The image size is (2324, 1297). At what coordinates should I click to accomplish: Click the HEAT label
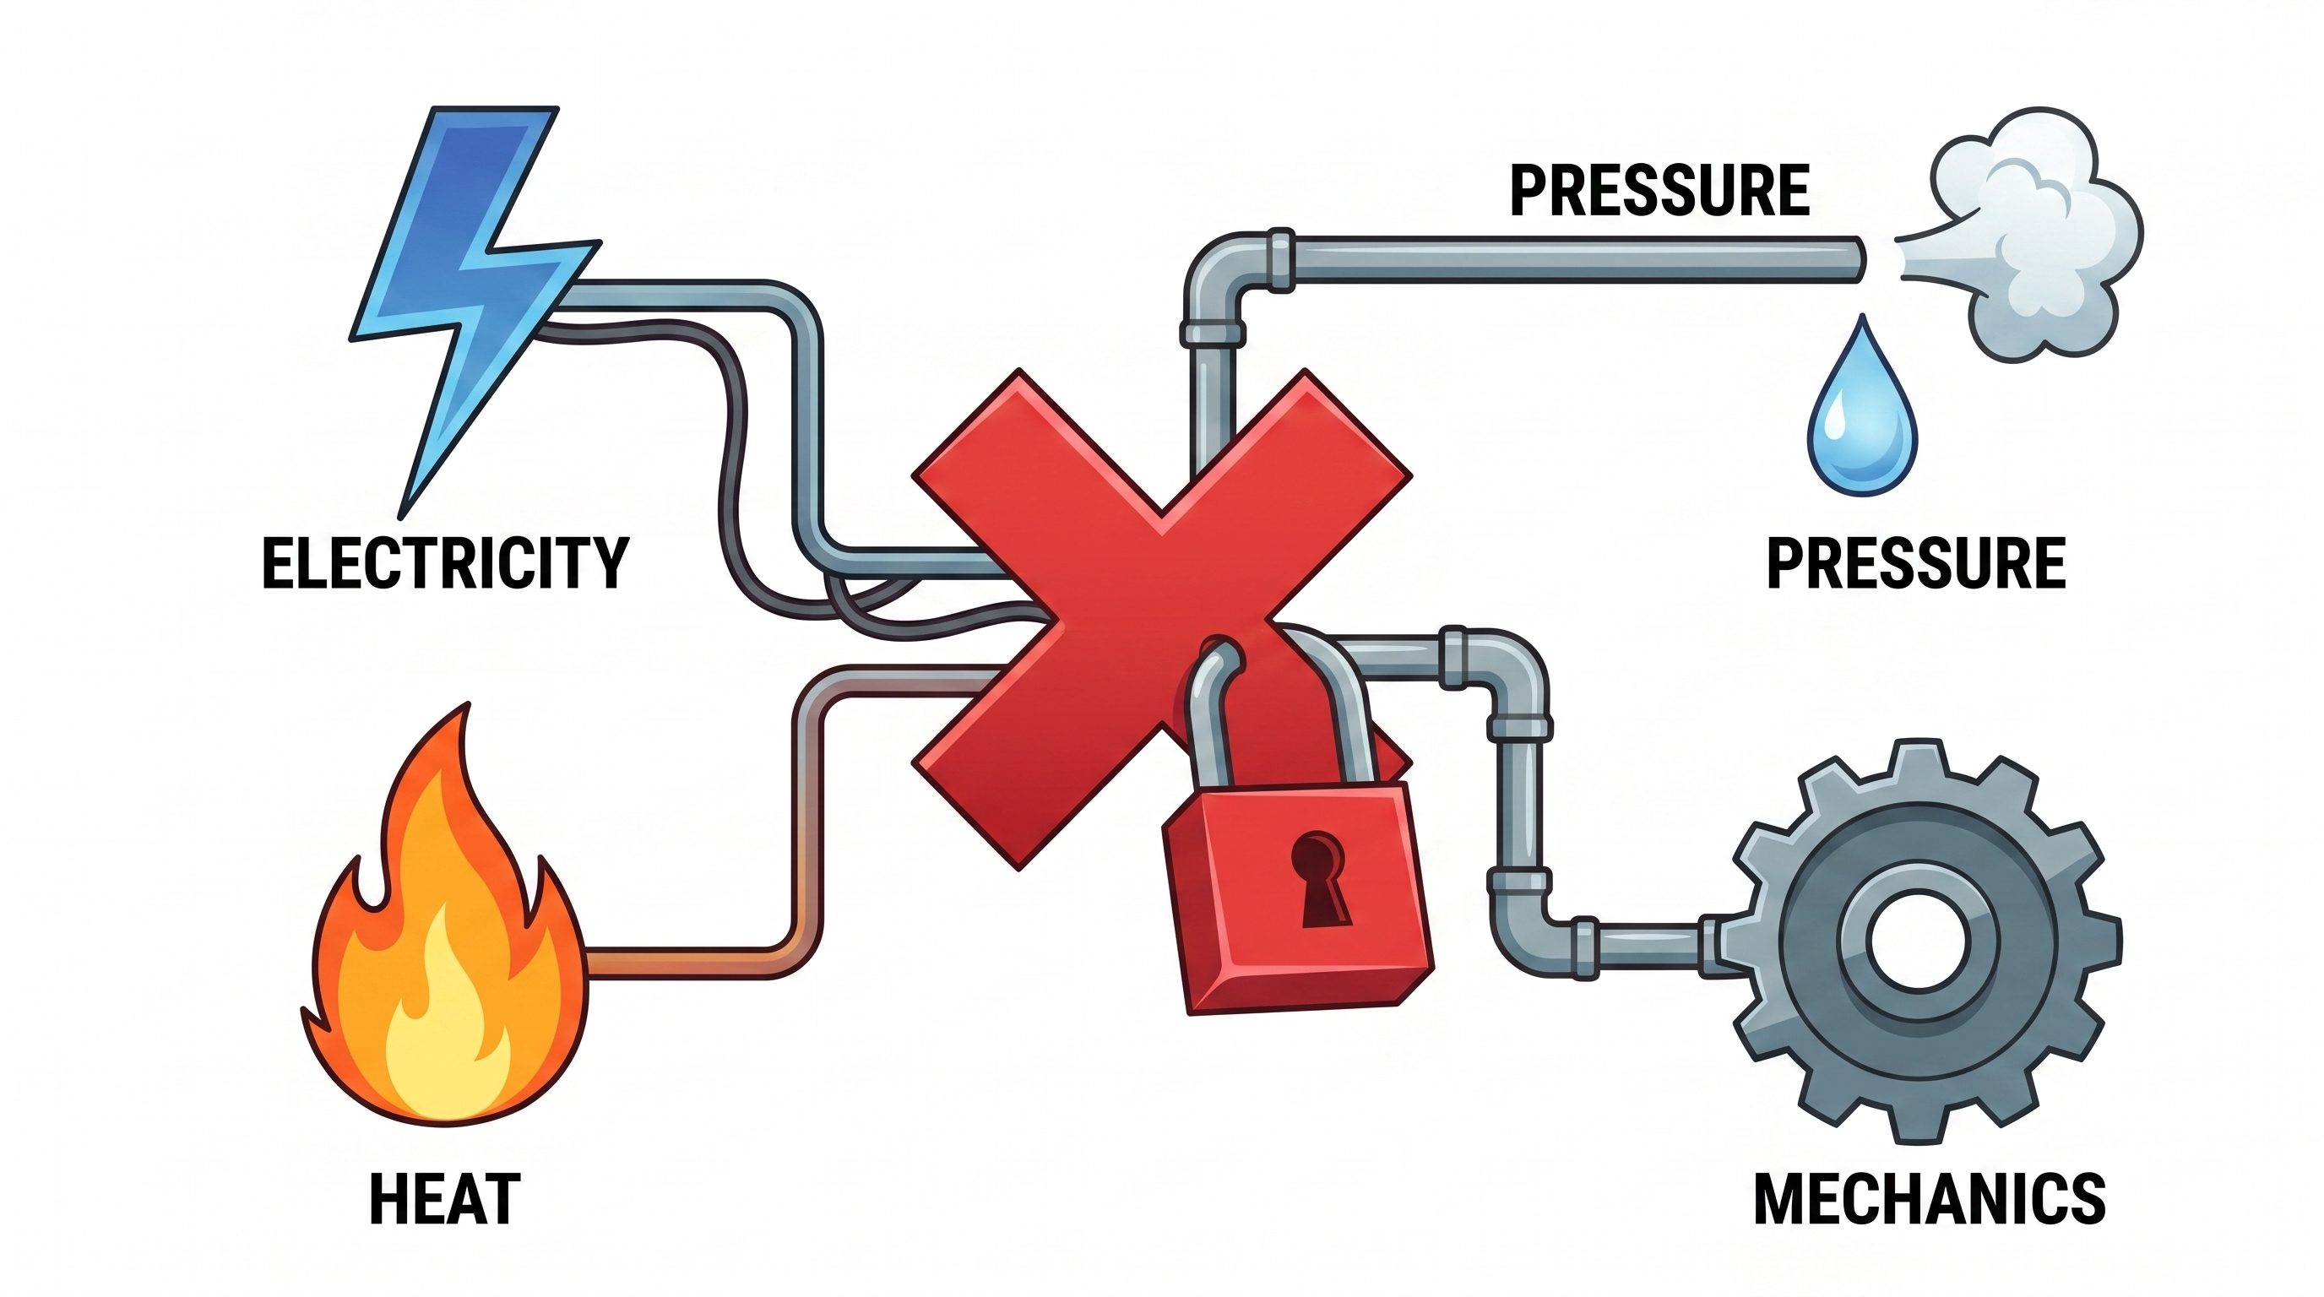click(445, 1199)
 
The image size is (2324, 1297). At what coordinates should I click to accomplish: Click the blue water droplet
click(1862, 415)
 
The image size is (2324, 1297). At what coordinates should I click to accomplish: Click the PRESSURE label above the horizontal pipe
click(1660, 191)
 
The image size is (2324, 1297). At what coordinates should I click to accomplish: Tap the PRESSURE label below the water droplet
click(1916, 563)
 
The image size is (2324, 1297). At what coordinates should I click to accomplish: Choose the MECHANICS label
click(1930, 1199)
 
